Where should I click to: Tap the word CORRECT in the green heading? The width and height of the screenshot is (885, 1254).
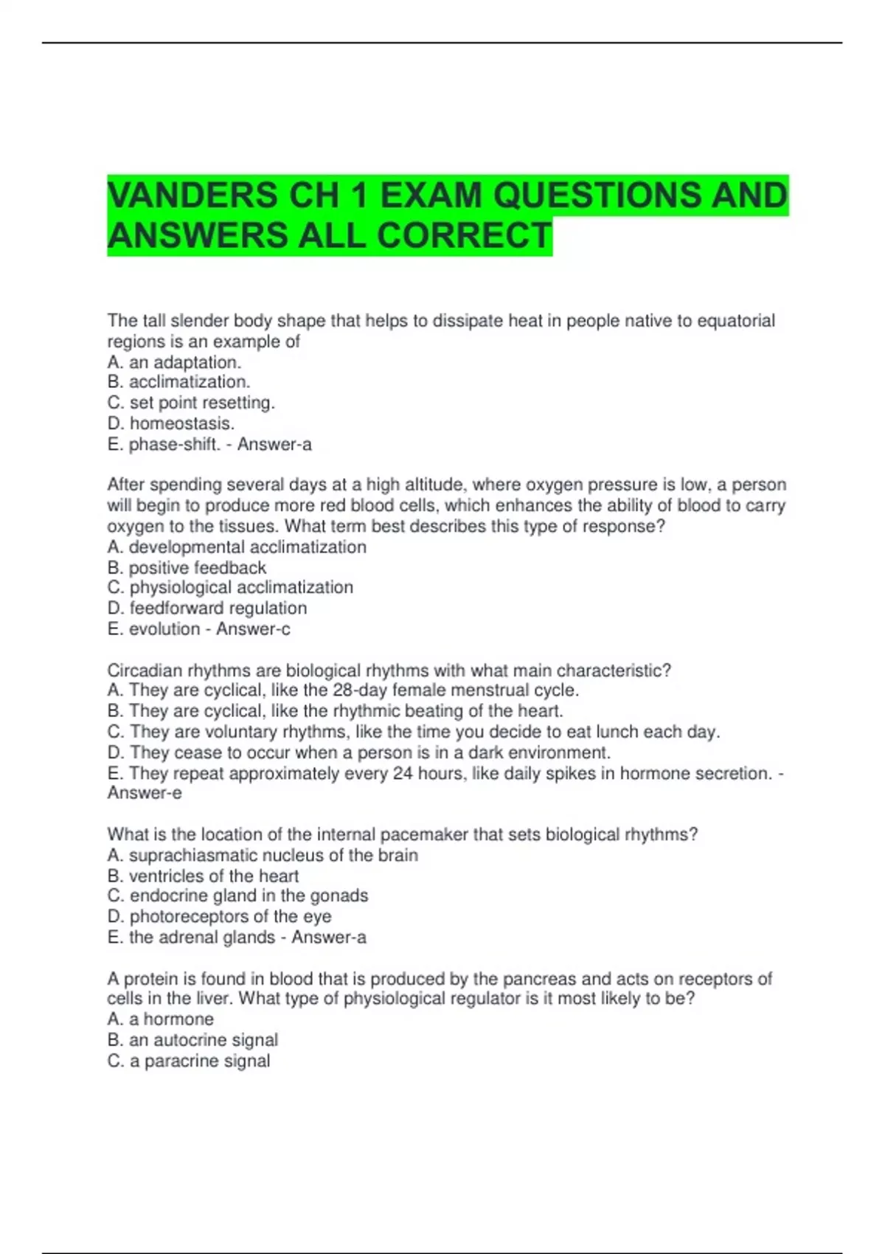[x=465, y=236]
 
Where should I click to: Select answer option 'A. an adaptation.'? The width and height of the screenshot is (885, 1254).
[x=174, y=362]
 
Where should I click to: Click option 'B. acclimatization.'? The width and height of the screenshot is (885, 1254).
[x=178, y=382]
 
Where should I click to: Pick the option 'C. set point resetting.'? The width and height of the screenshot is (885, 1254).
[x=191, y=403]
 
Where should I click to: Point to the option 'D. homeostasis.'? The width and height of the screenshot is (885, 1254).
[x=171, y=423]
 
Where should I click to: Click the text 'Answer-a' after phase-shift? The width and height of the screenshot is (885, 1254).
[x=274, y=444]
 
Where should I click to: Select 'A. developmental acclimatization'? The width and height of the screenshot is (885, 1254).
[x=237, y=547]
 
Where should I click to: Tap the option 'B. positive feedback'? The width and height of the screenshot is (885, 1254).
[x=187, y=567]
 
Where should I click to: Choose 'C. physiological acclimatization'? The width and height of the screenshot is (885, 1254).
[x=230, y=587]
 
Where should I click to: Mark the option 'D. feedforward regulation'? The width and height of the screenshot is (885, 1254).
[x=207, y=608]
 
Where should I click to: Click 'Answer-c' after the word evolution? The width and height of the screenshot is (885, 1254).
[x=253, y=628]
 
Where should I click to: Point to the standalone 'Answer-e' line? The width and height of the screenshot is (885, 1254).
[x=145, y=793]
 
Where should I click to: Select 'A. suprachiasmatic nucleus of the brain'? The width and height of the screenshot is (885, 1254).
[x=263, y=855]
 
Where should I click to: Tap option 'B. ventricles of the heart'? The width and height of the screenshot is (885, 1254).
[x=203, y=876]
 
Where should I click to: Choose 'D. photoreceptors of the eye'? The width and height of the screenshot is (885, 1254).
[x=219, y=916]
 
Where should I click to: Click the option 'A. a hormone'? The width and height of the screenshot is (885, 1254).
[x=161, y=1019]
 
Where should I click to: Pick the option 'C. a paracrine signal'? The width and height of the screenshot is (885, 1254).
[x=189, y=1061]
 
